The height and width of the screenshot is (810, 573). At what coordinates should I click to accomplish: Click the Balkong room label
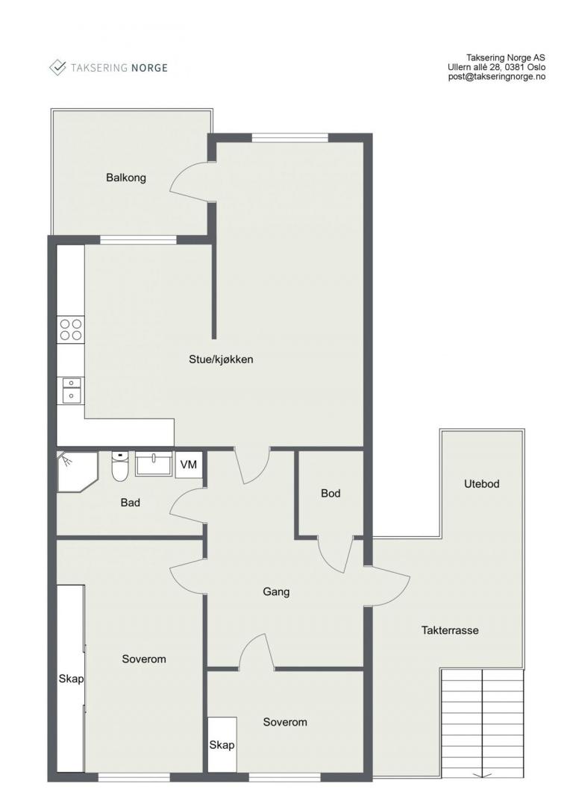point(126,178)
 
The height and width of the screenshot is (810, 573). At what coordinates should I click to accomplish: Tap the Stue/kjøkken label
point(221,360)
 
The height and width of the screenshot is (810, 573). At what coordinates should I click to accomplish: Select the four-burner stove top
point(71,330)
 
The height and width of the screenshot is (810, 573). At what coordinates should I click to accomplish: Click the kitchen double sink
point(71,390)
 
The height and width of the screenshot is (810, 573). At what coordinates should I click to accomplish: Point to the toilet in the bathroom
point(120,465)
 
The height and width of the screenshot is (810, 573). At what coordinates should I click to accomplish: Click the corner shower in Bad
point(75,471)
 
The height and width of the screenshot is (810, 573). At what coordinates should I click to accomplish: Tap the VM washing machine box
point(189,465)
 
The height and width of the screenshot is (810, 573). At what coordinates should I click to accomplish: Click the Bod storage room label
point(331,493)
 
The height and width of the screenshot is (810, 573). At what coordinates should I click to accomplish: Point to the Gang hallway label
point(276,592)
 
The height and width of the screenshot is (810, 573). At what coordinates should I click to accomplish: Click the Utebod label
point(481,484)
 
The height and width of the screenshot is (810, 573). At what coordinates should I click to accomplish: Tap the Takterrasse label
point(450,630)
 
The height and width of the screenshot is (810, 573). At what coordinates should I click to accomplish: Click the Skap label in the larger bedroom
point(71,678)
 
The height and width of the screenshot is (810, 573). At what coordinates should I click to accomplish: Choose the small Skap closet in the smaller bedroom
point(222,744)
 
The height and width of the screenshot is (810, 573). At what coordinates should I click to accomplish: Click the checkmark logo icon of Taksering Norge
point(57,67)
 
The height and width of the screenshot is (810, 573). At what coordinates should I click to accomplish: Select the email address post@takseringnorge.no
point(497,77)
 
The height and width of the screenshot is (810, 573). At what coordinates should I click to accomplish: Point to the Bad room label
point(131,503)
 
